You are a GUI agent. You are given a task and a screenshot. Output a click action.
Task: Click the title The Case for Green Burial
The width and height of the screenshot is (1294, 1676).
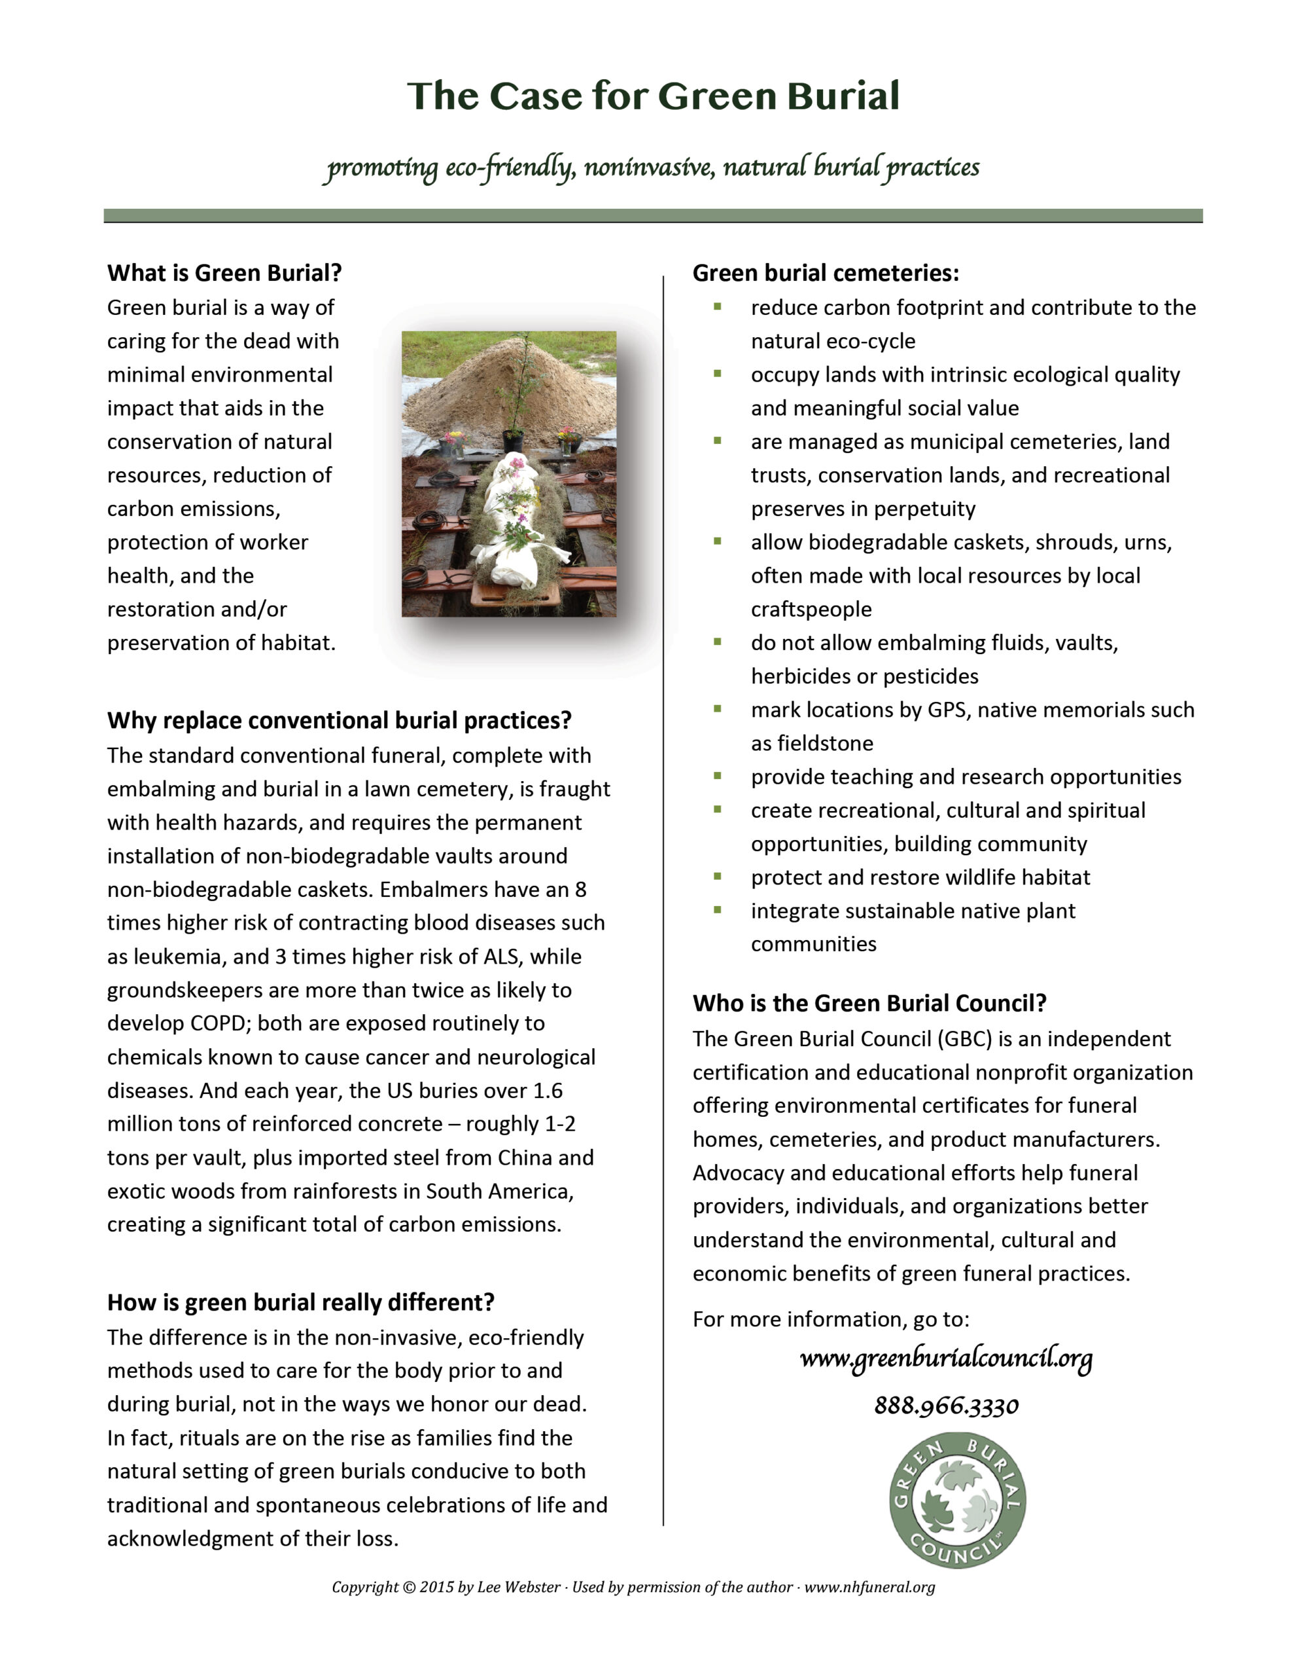pos(653,96)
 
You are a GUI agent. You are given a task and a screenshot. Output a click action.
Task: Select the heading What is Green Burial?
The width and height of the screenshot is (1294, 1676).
pos(224,273)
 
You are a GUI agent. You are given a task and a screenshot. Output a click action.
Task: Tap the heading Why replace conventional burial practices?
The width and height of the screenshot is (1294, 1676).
pos(339,721)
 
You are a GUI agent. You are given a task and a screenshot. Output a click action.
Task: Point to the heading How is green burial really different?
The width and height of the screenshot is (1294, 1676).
pos(301,1302)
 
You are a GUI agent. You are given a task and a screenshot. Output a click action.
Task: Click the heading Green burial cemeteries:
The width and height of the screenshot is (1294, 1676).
pos(826,273)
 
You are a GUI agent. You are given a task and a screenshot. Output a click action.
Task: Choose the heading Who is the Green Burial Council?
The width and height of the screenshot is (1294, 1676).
pos(869,1003)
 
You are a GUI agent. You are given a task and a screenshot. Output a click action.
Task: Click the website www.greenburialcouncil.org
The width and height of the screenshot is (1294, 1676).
pos(946,1359)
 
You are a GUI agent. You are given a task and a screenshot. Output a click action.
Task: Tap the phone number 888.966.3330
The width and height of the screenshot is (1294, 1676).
pos(946,1406)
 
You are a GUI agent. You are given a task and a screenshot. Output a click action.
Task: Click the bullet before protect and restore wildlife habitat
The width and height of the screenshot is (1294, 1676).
pos(717,875)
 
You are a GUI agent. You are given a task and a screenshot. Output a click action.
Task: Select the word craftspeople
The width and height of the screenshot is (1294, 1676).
pos(811,610)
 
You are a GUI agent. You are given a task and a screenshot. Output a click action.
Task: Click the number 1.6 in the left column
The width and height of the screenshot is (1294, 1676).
pos(547,1091)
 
